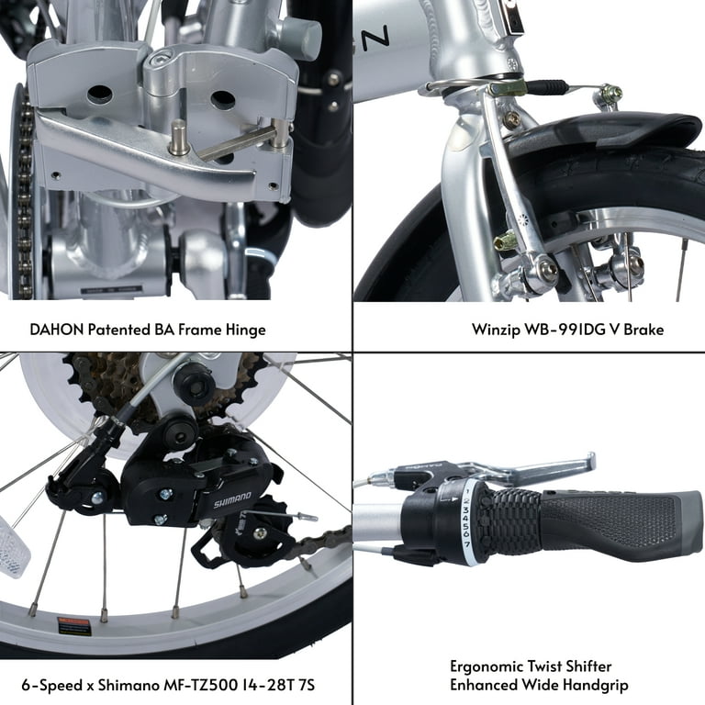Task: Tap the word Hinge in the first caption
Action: point(245,328)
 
